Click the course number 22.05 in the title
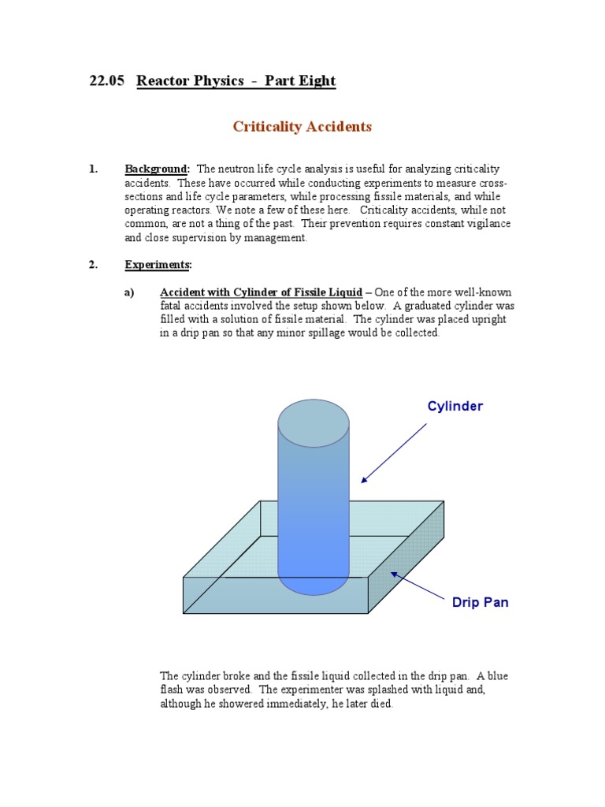point(106,81)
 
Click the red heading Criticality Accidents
point(302,126)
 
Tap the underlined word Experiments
point(158,265)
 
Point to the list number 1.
point(93,169)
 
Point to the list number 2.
point(93,265)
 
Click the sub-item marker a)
point(130,292)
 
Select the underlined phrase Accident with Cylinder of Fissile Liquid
point(261,292)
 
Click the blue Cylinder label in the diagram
point(455,407)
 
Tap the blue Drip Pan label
point(480,602)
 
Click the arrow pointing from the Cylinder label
point(394,452)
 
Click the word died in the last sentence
point(377,704)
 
